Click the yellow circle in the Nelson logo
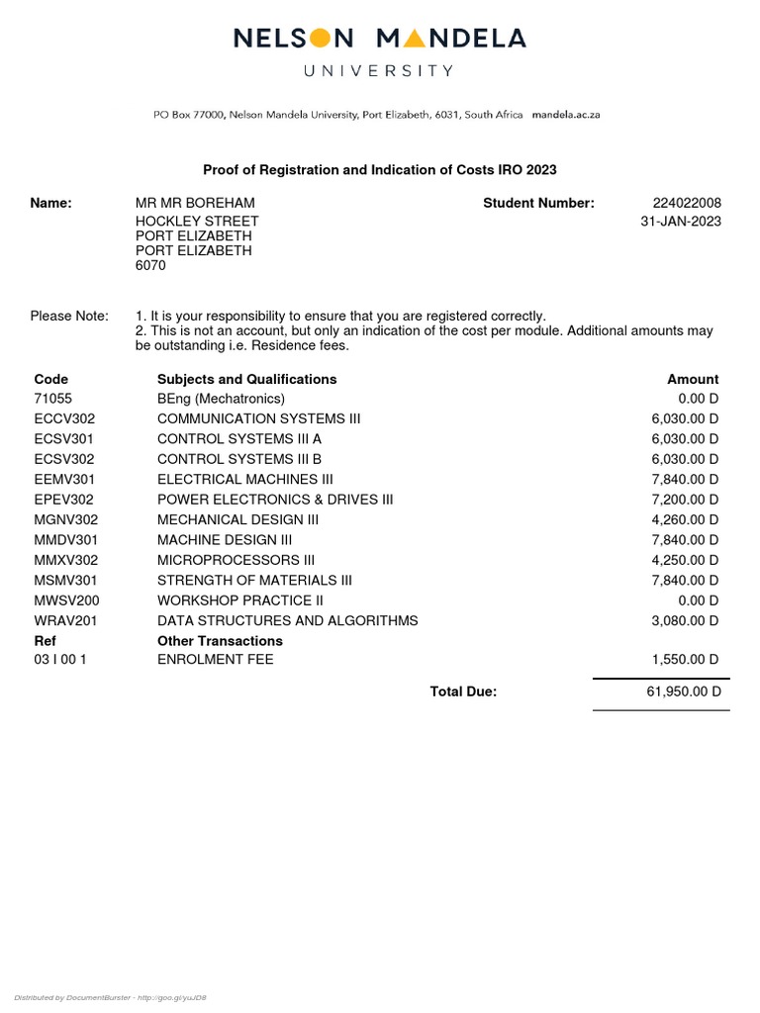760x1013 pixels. point(320,39)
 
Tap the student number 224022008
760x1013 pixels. point(687,203)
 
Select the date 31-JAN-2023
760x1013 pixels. point(681,222)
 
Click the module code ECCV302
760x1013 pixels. point(64,418)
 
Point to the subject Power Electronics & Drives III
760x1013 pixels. point(275,500)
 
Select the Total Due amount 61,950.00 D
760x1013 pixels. point(684,692)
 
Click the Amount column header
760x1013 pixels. point(693,379)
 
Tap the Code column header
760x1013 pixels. point(51,379)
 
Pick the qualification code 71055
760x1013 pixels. point(53,399)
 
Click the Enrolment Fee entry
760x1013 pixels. point(216,660)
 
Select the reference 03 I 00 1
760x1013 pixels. point(60,660)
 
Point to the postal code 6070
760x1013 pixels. point(150,266)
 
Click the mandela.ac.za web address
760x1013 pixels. point(565,115)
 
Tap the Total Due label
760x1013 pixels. point(463,692)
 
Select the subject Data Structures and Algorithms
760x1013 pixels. point(287,620)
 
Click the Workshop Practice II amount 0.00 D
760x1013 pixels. point(693,600)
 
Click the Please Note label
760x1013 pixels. point(69,316)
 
